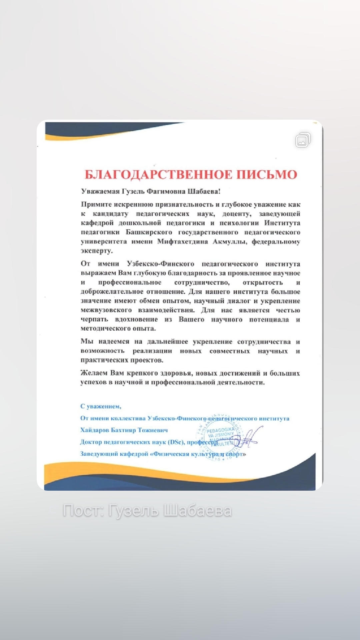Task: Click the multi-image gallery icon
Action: click(x=303, y=140)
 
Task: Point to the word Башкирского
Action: click(x=149, y=232)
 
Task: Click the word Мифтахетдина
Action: click(x=183, y=241)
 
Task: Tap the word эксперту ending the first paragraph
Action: click(x=97, y=251)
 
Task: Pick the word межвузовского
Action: click(x=106, y=310)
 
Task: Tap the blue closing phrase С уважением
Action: click(x=101, y=406)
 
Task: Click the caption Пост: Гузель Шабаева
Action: click(x=147, y=511)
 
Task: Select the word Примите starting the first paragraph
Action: click(x=95, y=204)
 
